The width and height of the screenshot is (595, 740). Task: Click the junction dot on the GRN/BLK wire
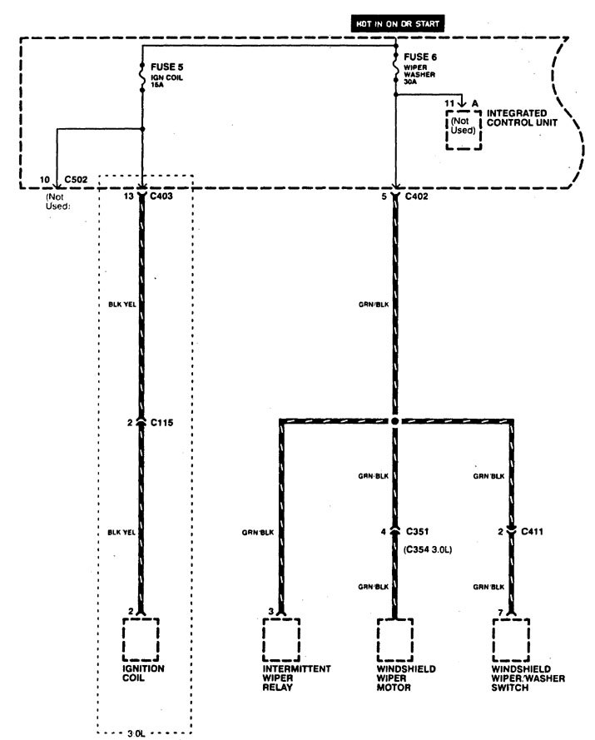(x=395, y=423)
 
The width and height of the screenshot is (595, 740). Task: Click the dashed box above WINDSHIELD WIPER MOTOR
(x=395, y=638)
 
